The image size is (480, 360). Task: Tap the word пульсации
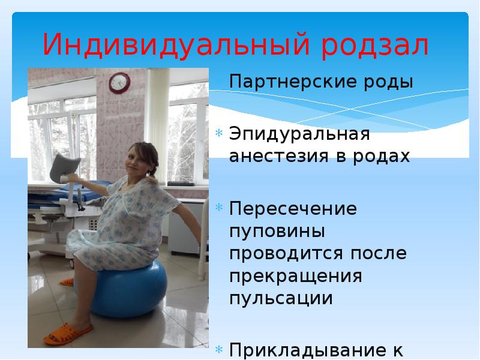(280, 298)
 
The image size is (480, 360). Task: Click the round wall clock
(119, 82)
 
